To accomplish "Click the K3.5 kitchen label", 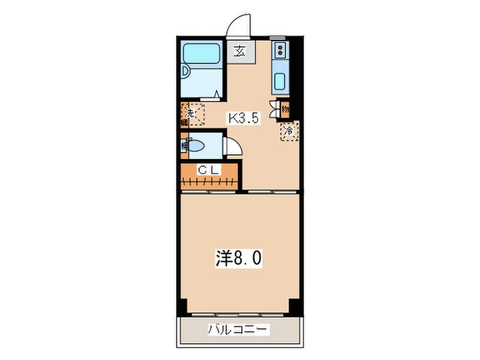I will [x=243, y=118].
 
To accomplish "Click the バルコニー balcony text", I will [x=239, y=330].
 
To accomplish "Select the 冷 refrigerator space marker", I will [x=289, y=130].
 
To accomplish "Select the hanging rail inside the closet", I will [x=210, y=182].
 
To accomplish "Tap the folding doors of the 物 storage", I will [x=276, y=108].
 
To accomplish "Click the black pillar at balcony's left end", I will [x=183, y=307].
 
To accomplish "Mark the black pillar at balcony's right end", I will [x=296, y=307].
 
